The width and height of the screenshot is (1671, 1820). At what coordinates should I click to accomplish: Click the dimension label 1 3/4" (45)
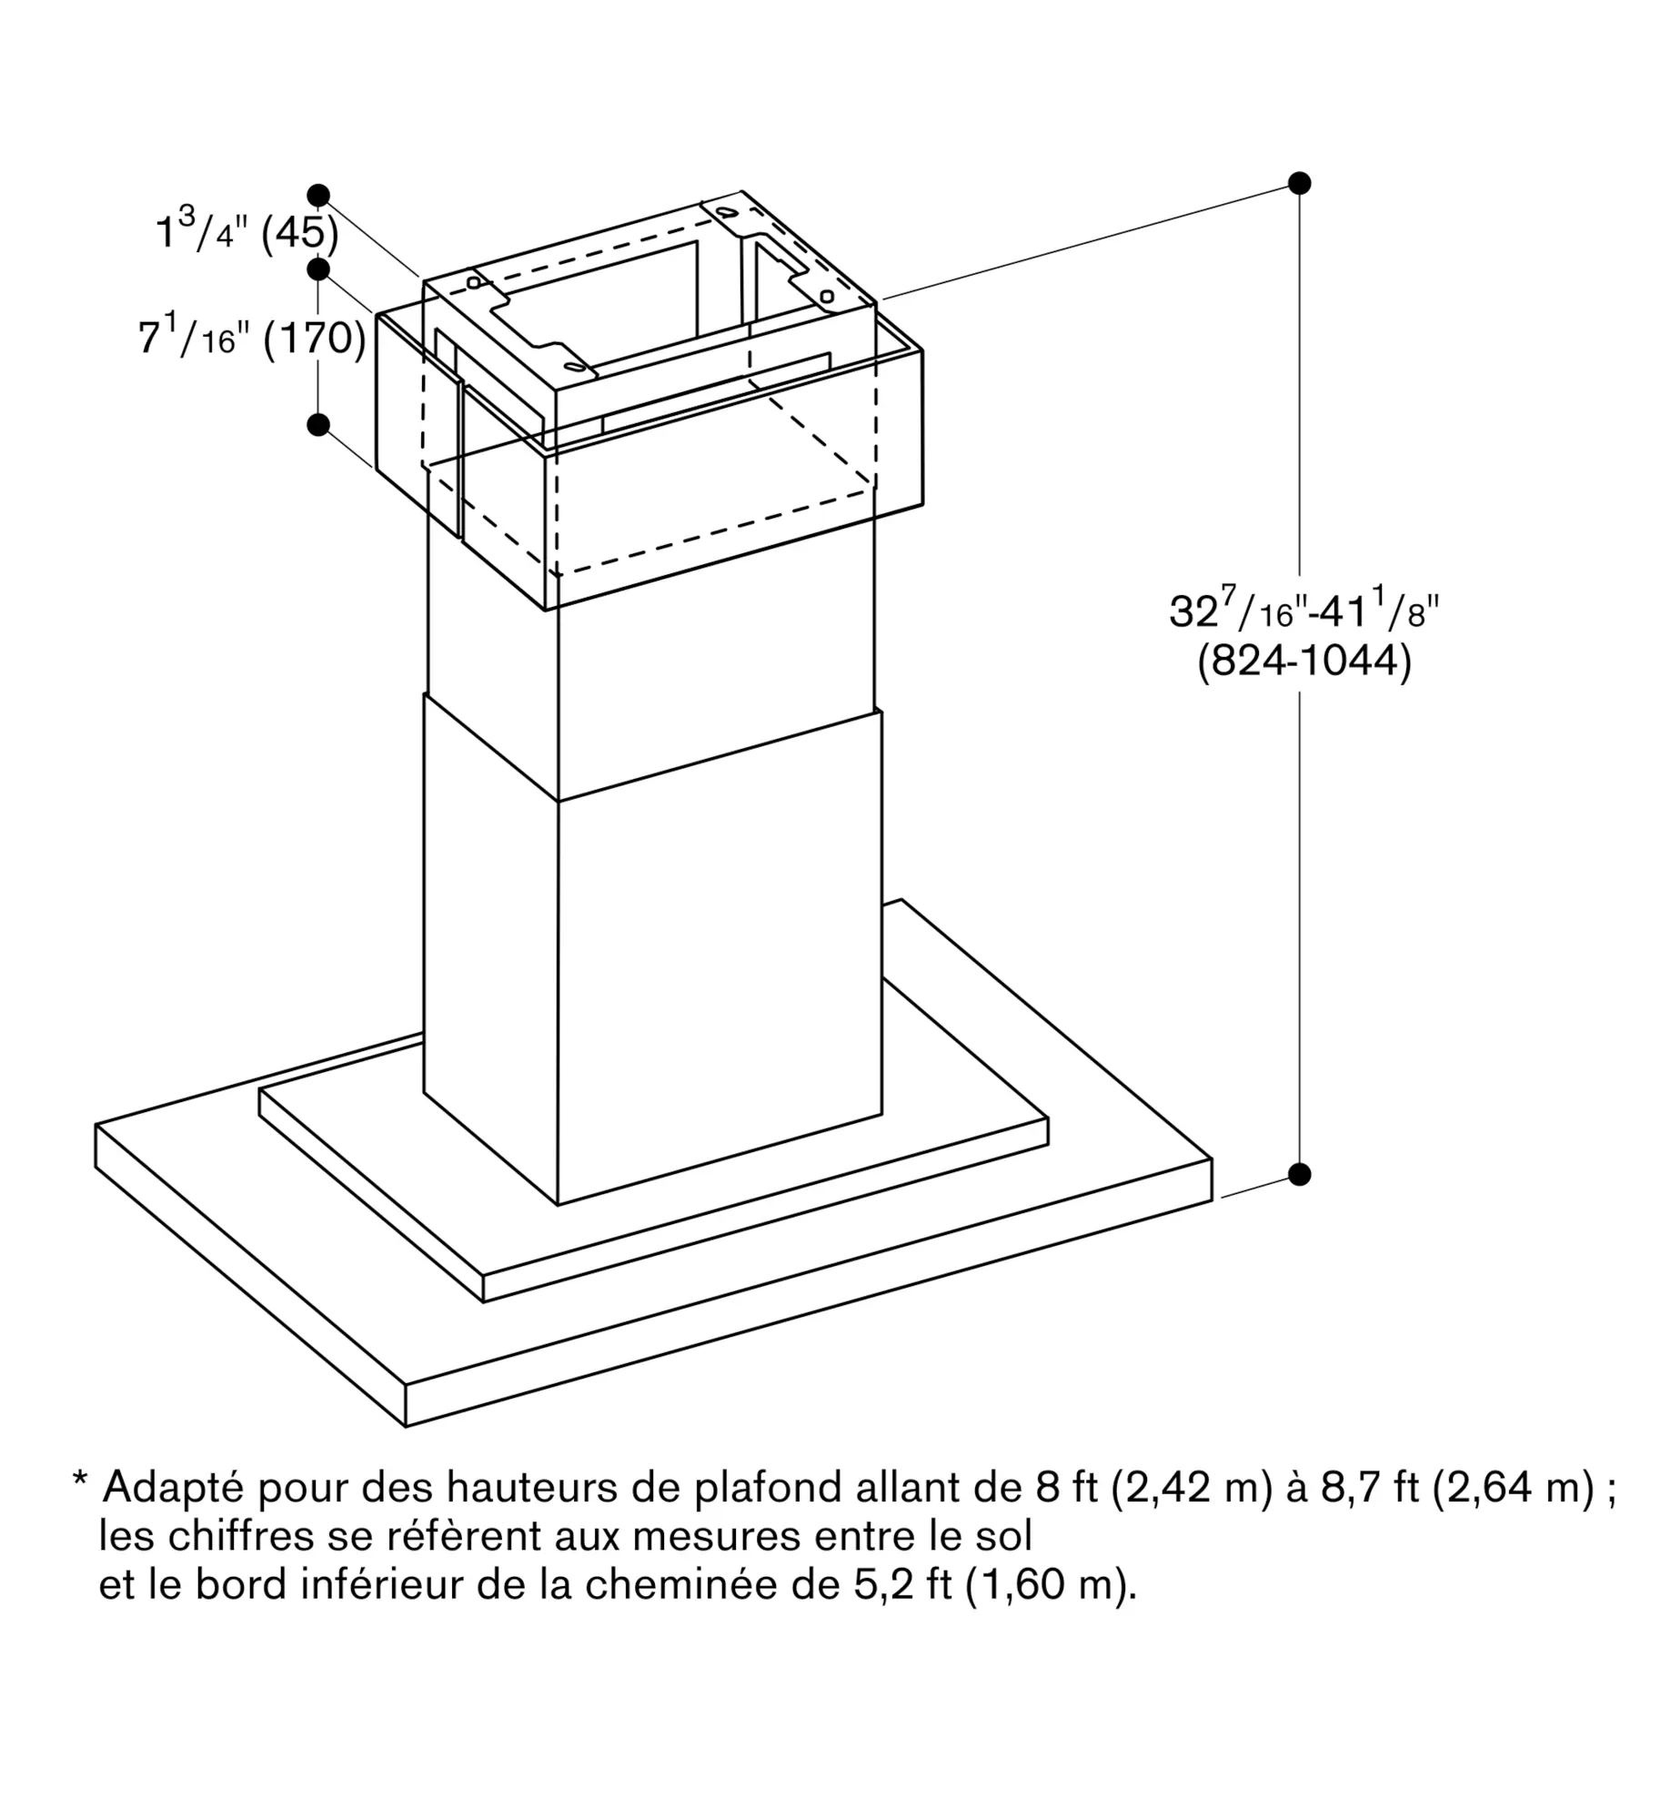pyautogui.click(x=247, y=228)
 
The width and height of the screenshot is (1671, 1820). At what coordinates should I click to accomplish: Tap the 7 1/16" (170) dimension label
pyautogui.click(x=252, y=336)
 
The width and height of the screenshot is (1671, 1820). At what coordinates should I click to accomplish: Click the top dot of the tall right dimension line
pyautogui.click(x=1299, y=183)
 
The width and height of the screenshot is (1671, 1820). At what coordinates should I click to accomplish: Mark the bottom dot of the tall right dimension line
pyautogui.click(x=1299, y=1174)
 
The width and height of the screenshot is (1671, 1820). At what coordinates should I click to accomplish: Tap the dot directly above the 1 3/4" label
pyautogui.click(x=318, y=195)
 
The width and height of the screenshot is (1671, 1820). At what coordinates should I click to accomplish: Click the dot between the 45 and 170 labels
pyautogui.click(x=318, y=269)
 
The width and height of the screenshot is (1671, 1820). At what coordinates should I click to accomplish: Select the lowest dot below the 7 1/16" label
pyautogui.click(x=318, y=424)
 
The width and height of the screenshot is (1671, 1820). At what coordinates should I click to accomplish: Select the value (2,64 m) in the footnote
pyautogui.click(x=1514, y=1489)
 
